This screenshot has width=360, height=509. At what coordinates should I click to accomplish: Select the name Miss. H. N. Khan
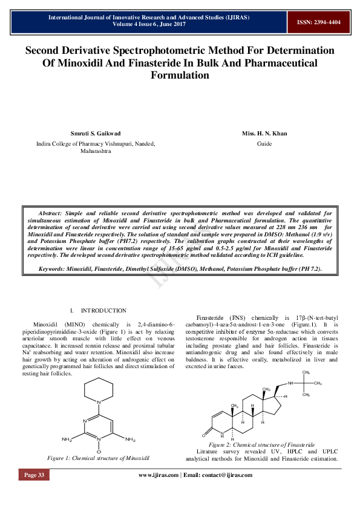coord(264,134)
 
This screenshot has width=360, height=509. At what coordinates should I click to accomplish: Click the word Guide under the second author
coord(264,144)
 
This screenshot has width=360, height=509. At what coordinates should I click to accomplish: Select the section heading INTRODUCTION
coord(103,310)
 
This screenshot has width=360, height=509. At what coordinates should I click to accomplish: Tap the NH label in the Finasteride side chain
coord(290,383)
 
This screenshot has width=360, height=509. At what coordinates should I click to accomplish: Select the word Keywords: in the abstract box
coord(56,268)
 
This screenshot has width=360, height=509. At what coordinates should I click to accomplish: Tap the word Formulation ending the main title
coord(180,75)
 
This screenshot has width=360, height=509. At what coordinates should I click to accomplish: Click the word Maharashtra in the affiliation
coord(96,152)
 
